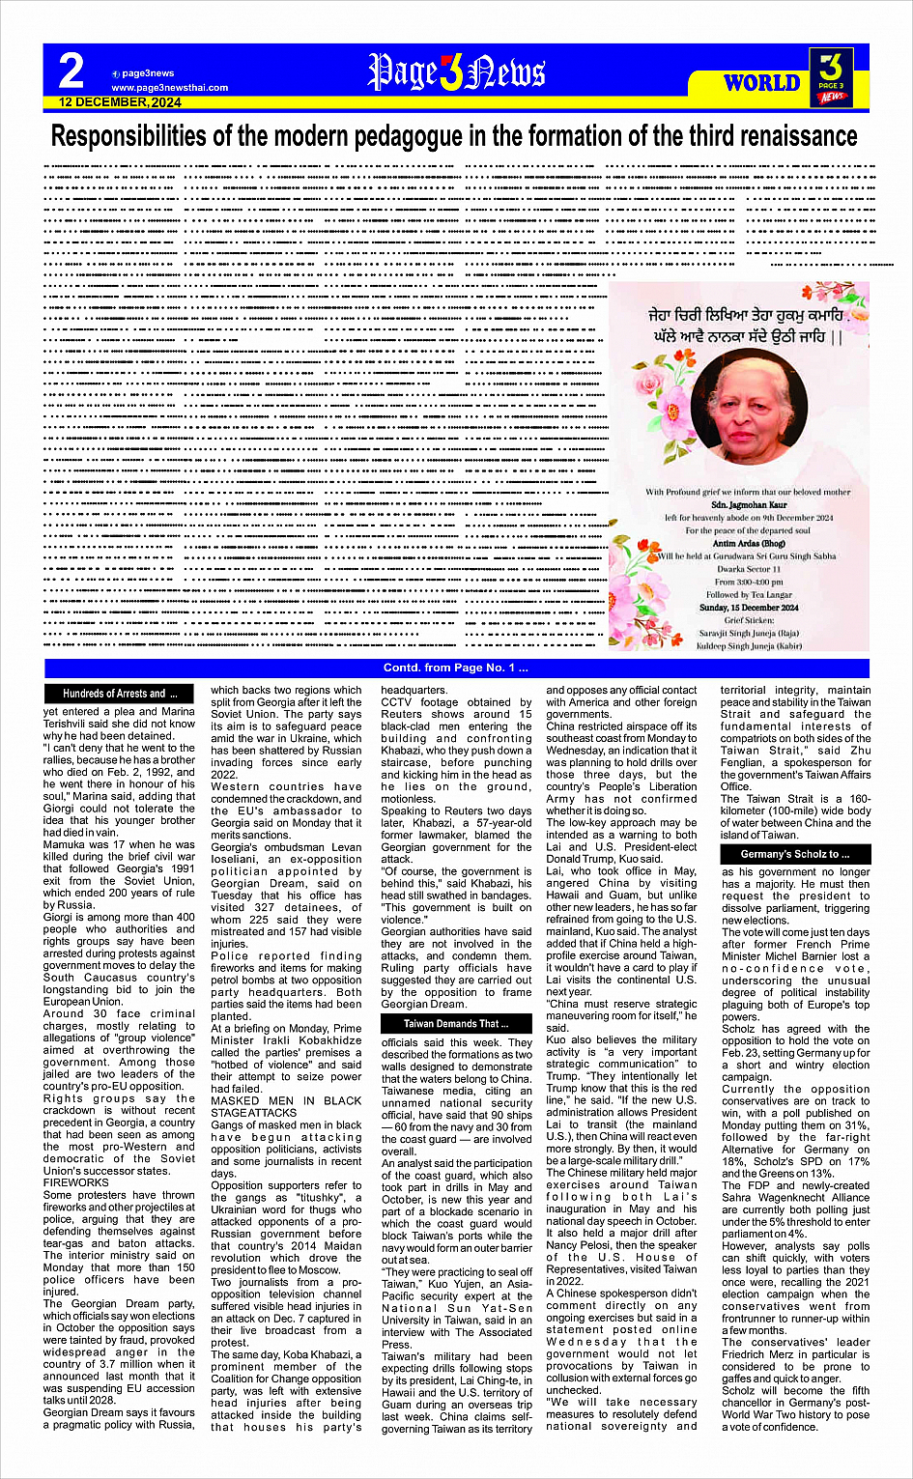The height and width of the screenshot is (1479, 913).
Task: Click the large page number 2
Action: click(x=71, y=71)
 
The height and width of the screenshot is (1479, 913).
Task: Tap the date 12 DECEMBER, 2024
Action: click(x=120, y=101)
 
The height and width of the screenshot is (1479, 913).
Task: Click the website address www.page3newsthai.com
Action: click(x=169, y=87)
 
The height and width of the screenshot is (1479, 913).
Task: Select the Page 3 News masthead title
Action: click(x=456, y=72)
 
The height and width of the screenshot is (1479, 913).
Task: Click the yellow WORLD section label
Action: click(x=762, y=83)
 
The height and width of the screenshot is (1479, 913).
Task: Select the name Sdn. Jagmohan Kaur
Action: click(x=749, y=504)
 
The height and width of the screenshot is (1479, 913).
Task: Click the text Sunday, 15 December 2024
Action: click(x=749, y=608)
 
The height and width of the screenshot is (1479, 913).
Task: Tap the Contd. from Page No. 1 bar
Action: click(x=456, y=668)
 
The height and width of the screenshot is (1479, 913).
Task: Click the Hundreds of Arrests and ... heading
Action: click(x=120, y=694)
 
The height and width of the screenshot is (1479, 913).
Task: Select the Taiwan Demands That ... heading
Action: click(x=456, y=1023)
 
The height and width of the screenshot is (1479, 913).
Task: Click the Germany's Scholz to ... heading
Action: click(x=794, y=854)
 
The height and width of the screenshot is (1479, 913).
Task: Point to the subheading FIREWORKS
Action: click(x=76, y=1182)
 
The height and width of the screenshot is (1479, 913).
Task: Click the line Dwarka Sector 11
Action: click(x=749, y=569)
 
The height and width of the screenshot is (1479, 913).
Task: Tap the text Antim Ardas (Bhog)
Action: click(x=749, y=543)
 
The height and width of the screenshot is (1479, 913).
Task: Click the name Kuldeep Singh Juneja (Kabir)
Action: click(x=749, y=645)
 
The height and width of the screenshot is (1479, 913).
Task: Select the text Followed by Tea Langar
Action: click(x=749, y=595)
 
